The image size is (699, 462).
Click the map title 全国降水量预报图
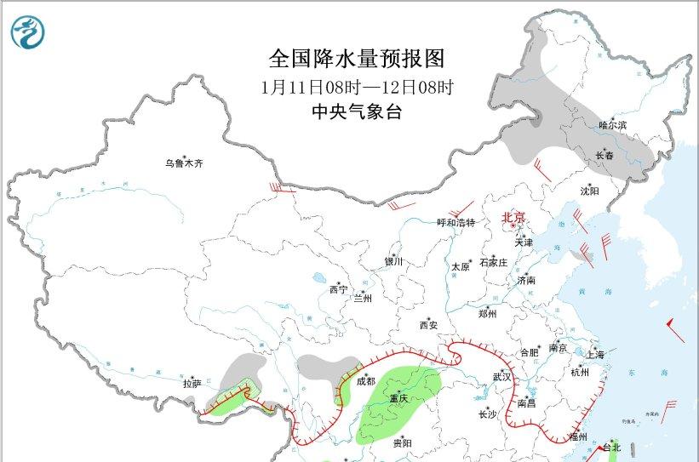[x=357, y=58]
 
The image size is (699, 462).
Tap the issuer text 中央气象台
[x=357, y=112]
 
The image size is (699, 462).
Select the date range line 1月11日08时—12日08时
[x=357, y=86]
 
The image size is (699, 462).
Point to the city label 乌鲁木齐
[x=186, y=163]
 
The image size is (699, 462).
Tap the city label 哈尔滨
[x=612, y=125]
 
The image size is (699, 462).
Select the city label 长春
[x=604, y=155]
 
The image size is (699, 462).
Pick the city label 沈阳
[x=590, y=191]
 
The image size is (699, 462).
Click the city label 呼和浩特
[x=456, y=222]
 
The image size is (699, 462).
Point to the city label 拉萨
[x=192, y=384]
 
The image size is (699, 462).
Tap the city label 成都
[x=365, y=381]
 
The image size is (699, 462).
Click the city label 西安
[x=429, y=325]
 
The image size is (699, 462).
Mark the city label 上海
[x=596, y=354]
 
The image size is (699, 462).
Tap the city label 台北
[x=612, y=448]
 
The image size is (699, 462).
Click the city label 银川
[x=394, y=262]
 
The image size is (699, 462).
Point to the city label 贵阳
[x=402, y=443]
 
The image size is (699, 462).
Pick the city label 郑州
[x=487, y=313]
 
